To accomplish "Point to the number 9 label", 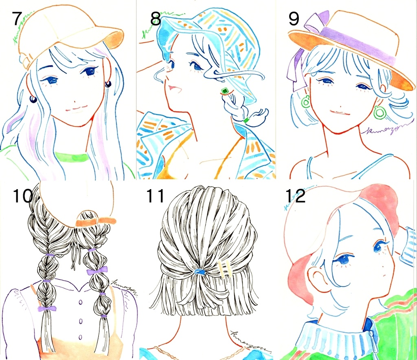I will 294,19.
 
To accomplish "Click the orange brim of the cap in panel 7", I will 114,38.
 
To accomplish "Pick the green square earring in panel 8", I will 224,91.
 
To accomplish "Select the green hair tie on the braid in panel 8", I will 246,120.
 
